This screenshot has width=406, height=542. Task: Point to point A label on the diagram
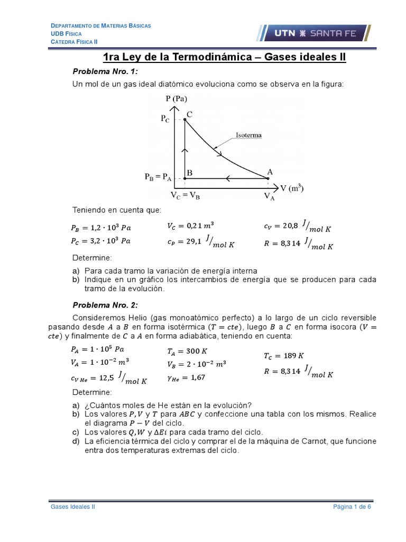270,171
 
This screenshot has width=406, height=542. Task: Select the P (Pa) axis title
176,98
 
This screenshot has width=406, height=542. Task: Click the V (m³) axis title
291,188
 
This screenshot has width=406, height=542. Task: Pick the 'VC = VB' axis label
185,195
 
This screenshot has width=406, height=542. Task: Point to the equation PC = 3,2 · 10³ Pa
101,241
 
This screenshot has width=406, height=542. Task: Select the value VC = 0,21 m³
187,227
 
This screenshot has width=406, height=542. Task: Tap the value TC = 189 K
283,355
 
